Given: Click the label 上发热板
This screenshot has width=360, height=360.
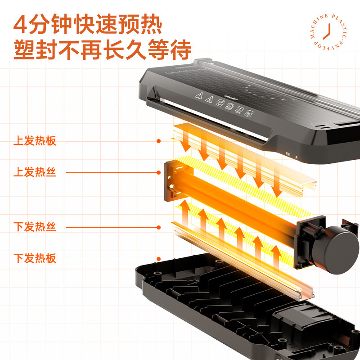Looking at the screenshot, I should (35, 141).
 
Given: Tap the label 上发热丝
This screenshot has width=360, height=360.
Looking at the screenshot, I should (35, 172).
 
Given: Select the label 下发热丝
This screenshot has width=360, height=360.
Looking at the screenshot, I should (35, 227).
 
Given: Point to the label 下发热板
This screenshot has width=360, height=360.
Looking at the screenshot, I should (35, 258).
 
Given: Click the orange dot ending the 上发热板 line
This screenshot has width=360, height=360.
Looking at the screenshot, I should (158, 141).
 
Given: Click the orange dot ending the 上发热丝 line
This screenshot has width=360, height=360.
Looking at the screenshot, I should (158, 172).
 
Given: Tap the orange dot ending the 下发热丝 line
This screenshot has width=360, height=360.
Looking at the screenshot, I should (158, 227).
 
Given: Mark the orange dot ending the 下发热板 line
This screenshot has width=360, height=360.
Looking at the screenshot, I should (158, 258).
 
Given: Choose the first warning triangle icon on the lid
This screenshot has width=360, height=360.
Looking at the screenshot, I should (198, 96).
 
